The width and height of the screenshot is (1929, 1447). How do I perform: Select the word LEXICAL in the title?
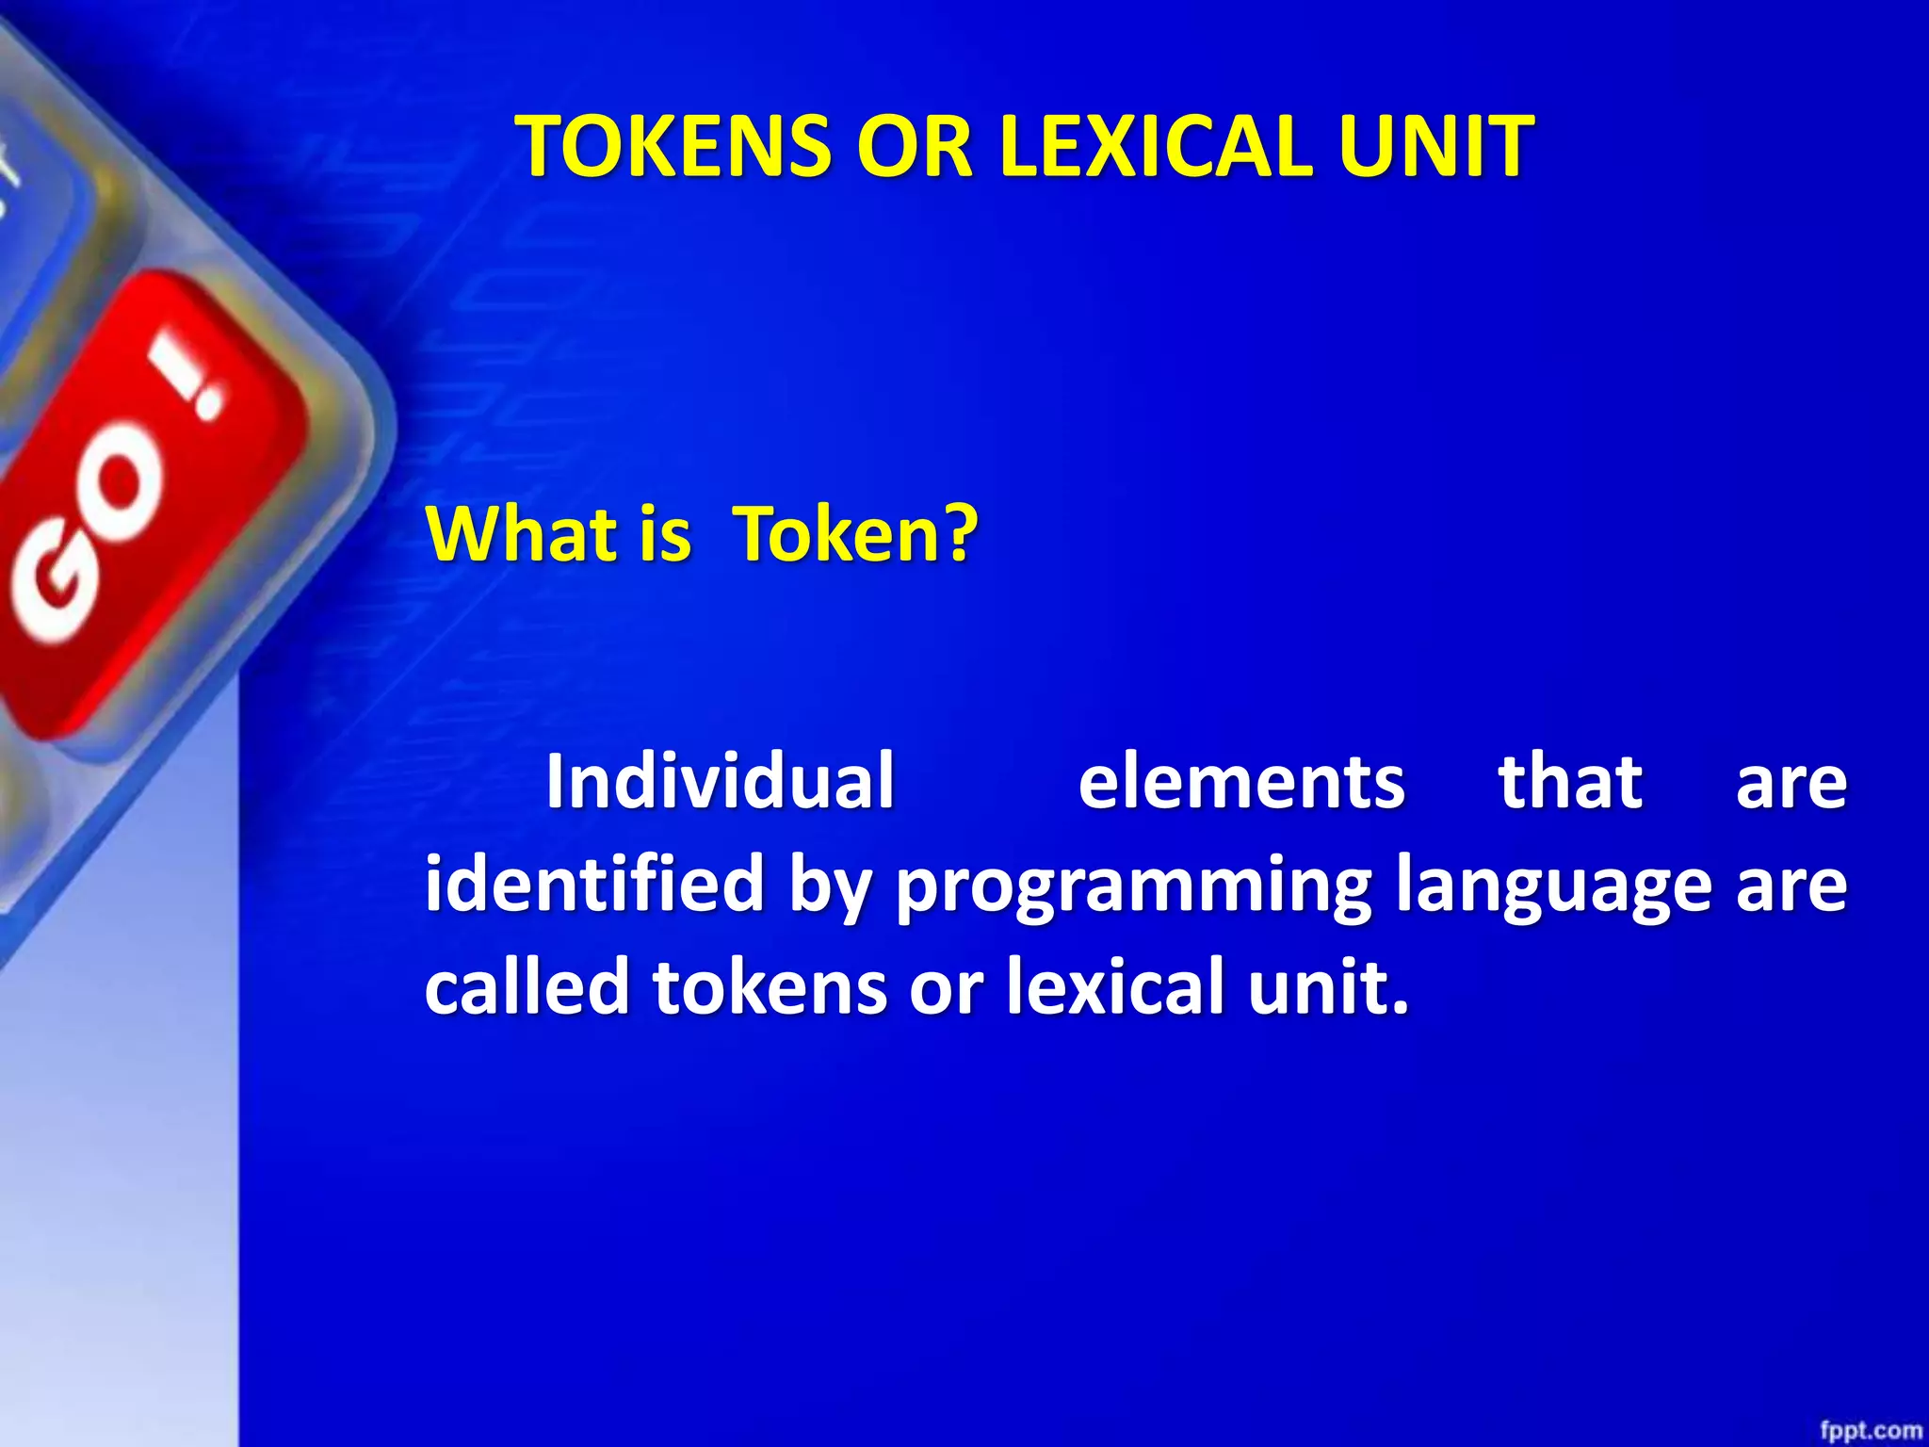pyautogui.click(x=1155, y=147)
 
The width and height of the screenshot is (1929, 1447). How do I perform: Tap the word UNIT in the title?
pyautogui.click(x=1435, y=147)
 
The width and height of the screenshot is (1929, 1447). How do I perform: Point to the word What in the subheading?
pyautogui.click(x=522, y=534)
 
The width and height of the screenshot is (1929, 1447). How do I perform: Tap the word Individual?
pyautogui.click(x=720, y=781)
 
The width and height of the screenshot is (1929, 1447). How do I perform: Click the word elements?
pyautogui.click(x=1241, y=783)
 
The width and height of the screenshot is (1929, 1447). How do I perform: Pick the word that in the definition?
pyautogui.click(x=1570, y=781)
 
